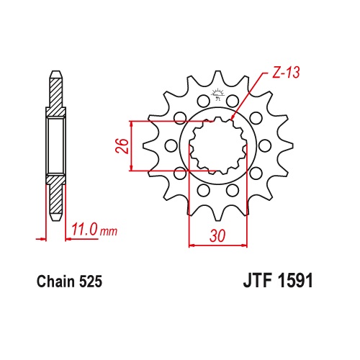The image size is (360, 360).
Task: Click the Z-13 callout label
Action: click(286, 72)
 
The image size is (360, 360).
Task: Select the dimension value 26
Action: click(122, 145)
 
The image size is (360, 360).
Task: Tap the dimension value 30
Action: click(217, 235)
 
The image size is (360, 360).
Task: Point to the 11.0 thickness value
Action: click(85, 229)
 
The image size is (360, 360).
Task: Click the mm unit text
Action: click(109, 232)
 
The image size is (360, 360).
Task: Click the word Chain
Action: click(55, 282)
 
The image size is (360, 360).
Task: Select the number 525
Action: click(91, 282)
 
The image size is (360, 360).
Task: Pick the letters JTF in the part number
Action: click(258, 280)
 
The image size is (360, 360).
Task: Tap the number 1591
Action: click(295, 280)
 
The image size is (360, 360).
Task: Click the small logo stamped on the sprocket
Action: click(217, 94)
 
